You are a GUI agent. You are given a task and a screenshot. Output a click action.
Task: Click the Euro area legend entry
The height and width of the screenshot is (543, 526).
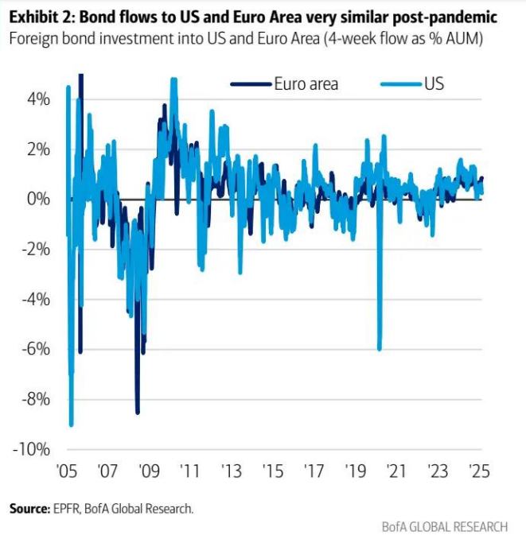click(x=306, y=84)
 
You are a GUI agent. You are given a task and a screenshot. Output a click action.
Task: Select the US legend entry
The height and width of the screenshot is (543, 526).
click(x=434, y=84)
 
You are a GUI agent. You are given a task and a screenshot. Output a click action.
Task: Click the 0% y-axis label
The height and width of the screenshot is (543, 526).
click(x=39, y=199)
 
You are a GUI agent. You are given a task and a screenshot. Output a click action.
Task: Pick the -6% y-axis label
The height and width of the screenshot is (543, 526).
click(x=37, y=349)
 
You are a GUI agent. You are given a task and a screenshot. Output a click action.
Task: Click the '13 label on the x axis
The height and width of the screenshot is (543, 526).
click(x=231, y=469)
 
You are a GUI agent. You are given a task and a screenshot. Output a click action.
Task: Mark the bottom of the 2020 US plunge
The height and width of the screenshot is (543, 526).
click(x=380, y=348)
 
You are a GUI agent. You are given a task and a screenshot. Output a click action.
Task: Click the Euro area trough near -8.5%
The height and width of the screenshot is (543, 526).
click(x=137, y=412)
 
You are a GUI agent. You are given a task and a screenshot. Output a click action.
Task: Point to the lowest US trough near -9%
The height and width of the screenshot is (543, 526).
click(x=72, y=425)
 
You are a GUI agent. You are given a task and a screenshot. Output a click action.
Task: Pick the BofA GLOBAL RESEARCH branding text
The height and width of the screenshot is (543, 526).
click(x=444, y=526)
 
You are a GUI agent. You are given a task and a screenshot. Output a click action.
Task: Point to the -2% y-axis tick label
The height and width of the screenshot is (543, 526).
click(x=37, y=249)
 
